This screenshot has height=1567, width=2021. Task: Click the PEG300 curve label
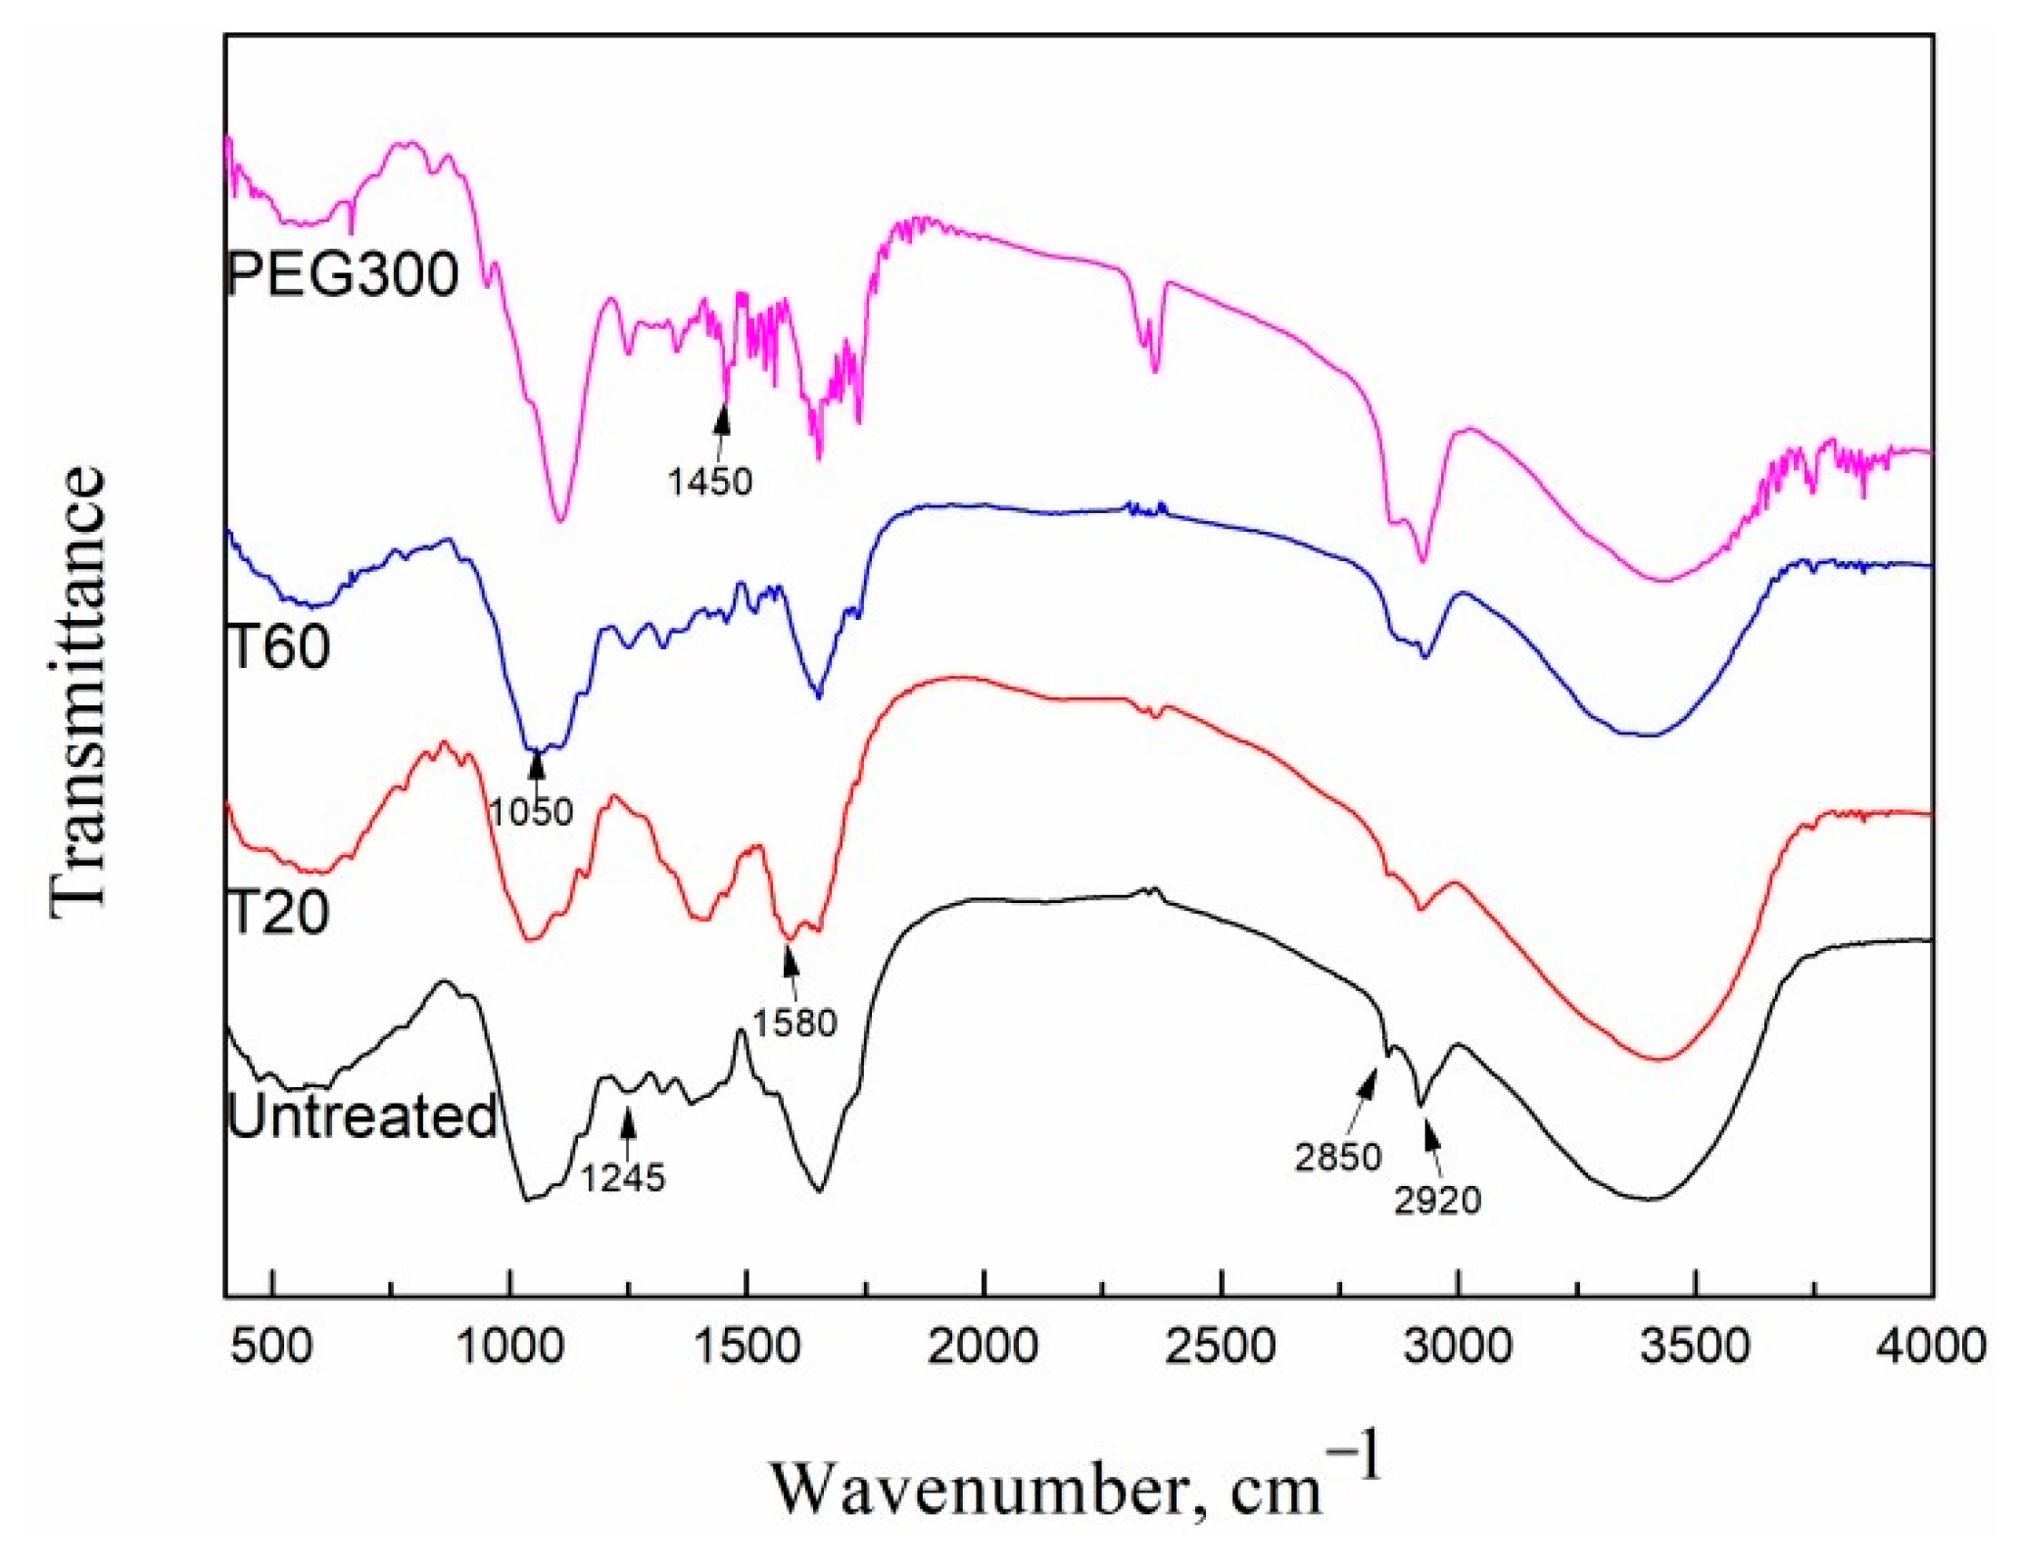coord(343,274)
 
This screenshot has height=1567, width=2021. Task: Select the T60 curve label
coord(279,646)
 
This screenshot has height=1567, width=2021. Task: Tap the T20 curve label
coord(279,913)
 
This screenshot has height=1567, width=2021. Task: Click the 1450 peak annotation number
coord(710,481)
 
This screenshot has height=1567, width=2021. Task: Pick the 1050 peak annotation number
coord(532,811)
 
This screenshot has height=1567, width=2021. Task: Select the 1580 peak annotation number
coord(794,1022)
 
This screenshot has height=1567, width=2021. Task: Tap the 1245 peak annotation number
coord(623,1177)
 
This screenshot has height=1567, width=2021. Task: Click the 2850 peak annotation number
coord(1338,1158)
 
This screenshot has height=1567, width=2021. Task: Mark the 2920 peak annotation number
coord(1437,1200)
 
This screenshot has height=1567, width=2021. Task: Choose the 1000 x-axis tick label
coord(509,1347)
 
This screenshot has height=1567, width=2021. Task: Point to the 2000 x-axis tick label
coord(984,1347)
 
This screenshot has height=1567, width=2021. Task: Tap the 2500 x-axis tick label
coord(1222,1347)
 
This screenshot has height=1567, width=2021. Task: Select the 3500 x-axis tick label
coord(1695,1347)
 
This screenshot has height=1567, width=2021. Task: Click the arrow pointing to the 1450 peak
coord(722,431)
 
